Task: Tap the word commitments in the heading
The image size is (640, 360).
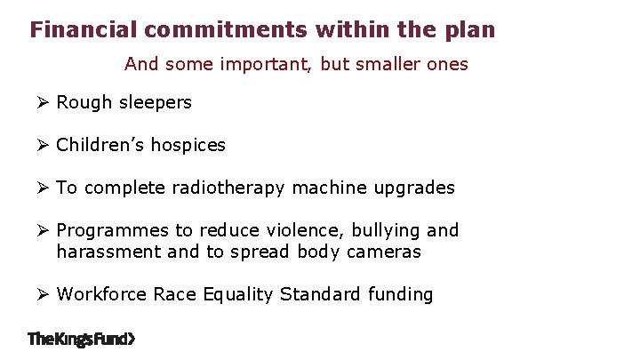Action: [x=225, y=30]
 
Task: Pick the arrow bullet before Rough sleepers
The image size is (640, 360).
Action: [x=42, y=102]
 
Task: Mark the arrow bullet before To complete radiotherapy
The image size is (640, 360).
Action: [x=42, y=188]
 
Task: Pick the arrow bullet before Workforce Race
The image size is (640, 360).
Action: [x=42, y=294]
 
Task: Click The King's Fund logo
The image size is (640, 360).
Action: [x=82, y=339]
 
